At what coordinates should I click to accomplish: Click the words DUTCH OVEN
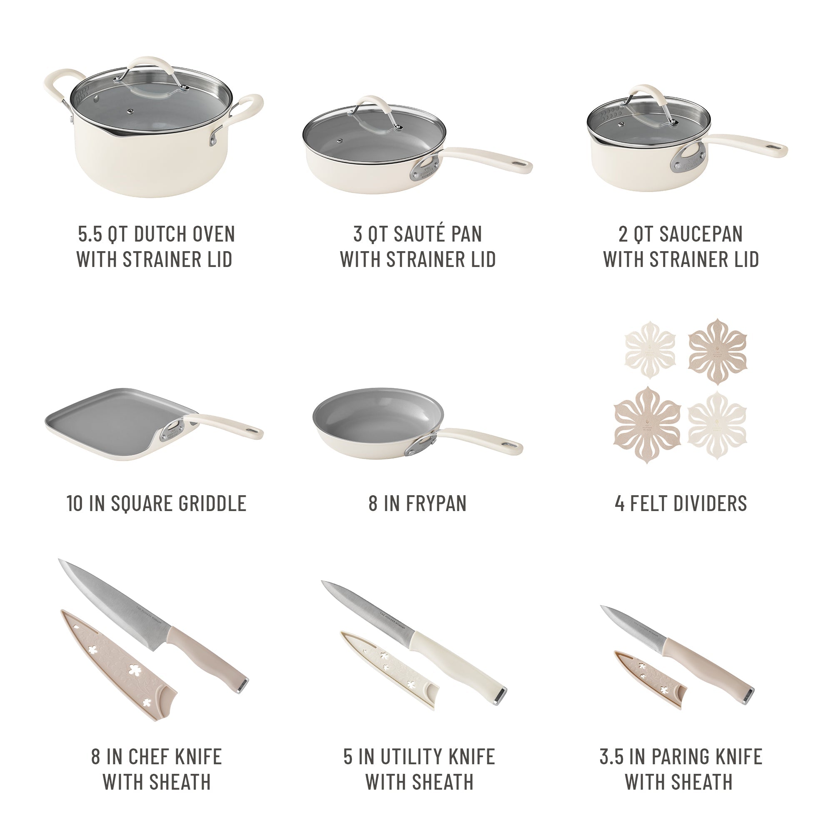184,234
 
